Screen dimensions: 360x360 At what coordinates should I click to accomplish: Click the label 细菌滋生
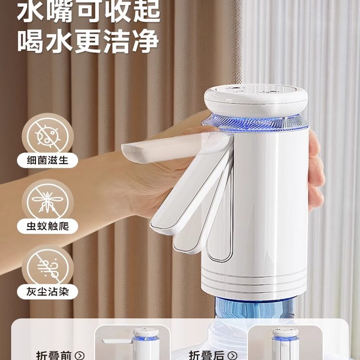48,160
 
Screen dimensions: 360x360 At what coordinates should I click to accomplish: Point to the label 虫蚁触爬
48,226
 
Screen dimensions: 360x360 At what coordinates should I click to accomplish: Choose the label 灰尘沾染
48,293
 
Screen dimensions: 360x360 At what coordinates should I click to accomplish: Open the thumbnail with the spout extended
132,343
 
